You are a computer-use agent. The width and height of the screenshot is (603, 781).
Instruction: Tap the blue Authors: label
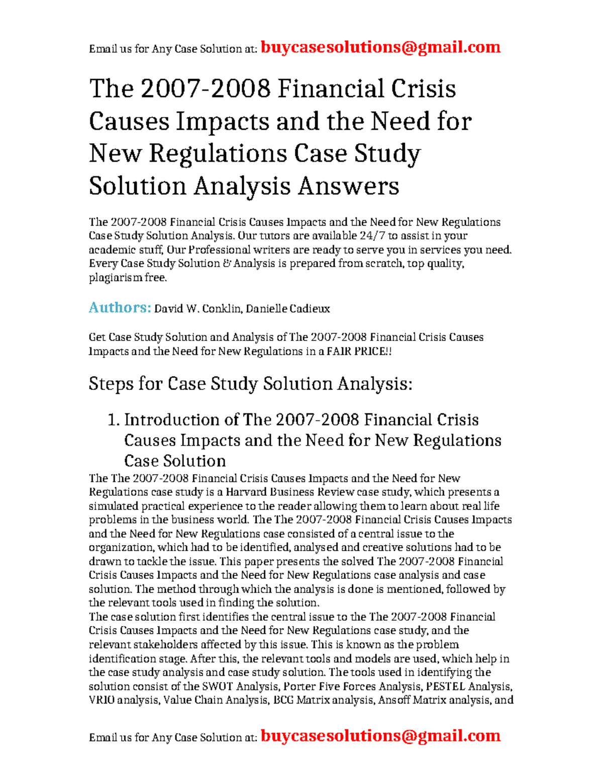(x=120, y=308)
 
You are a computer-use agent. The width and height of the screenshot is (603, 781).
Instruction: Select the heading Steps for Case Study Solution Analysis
(x=250, y=384)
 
